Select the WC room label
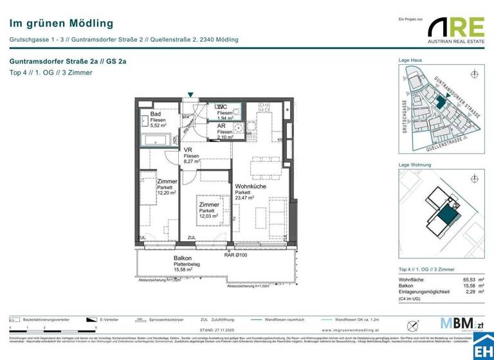[x=221, y=107]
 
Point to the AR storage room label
[x=221, y=126]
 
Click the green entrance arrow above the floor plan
[x=190, y=95]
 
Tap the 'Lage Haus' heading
[x=410, y=60]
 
